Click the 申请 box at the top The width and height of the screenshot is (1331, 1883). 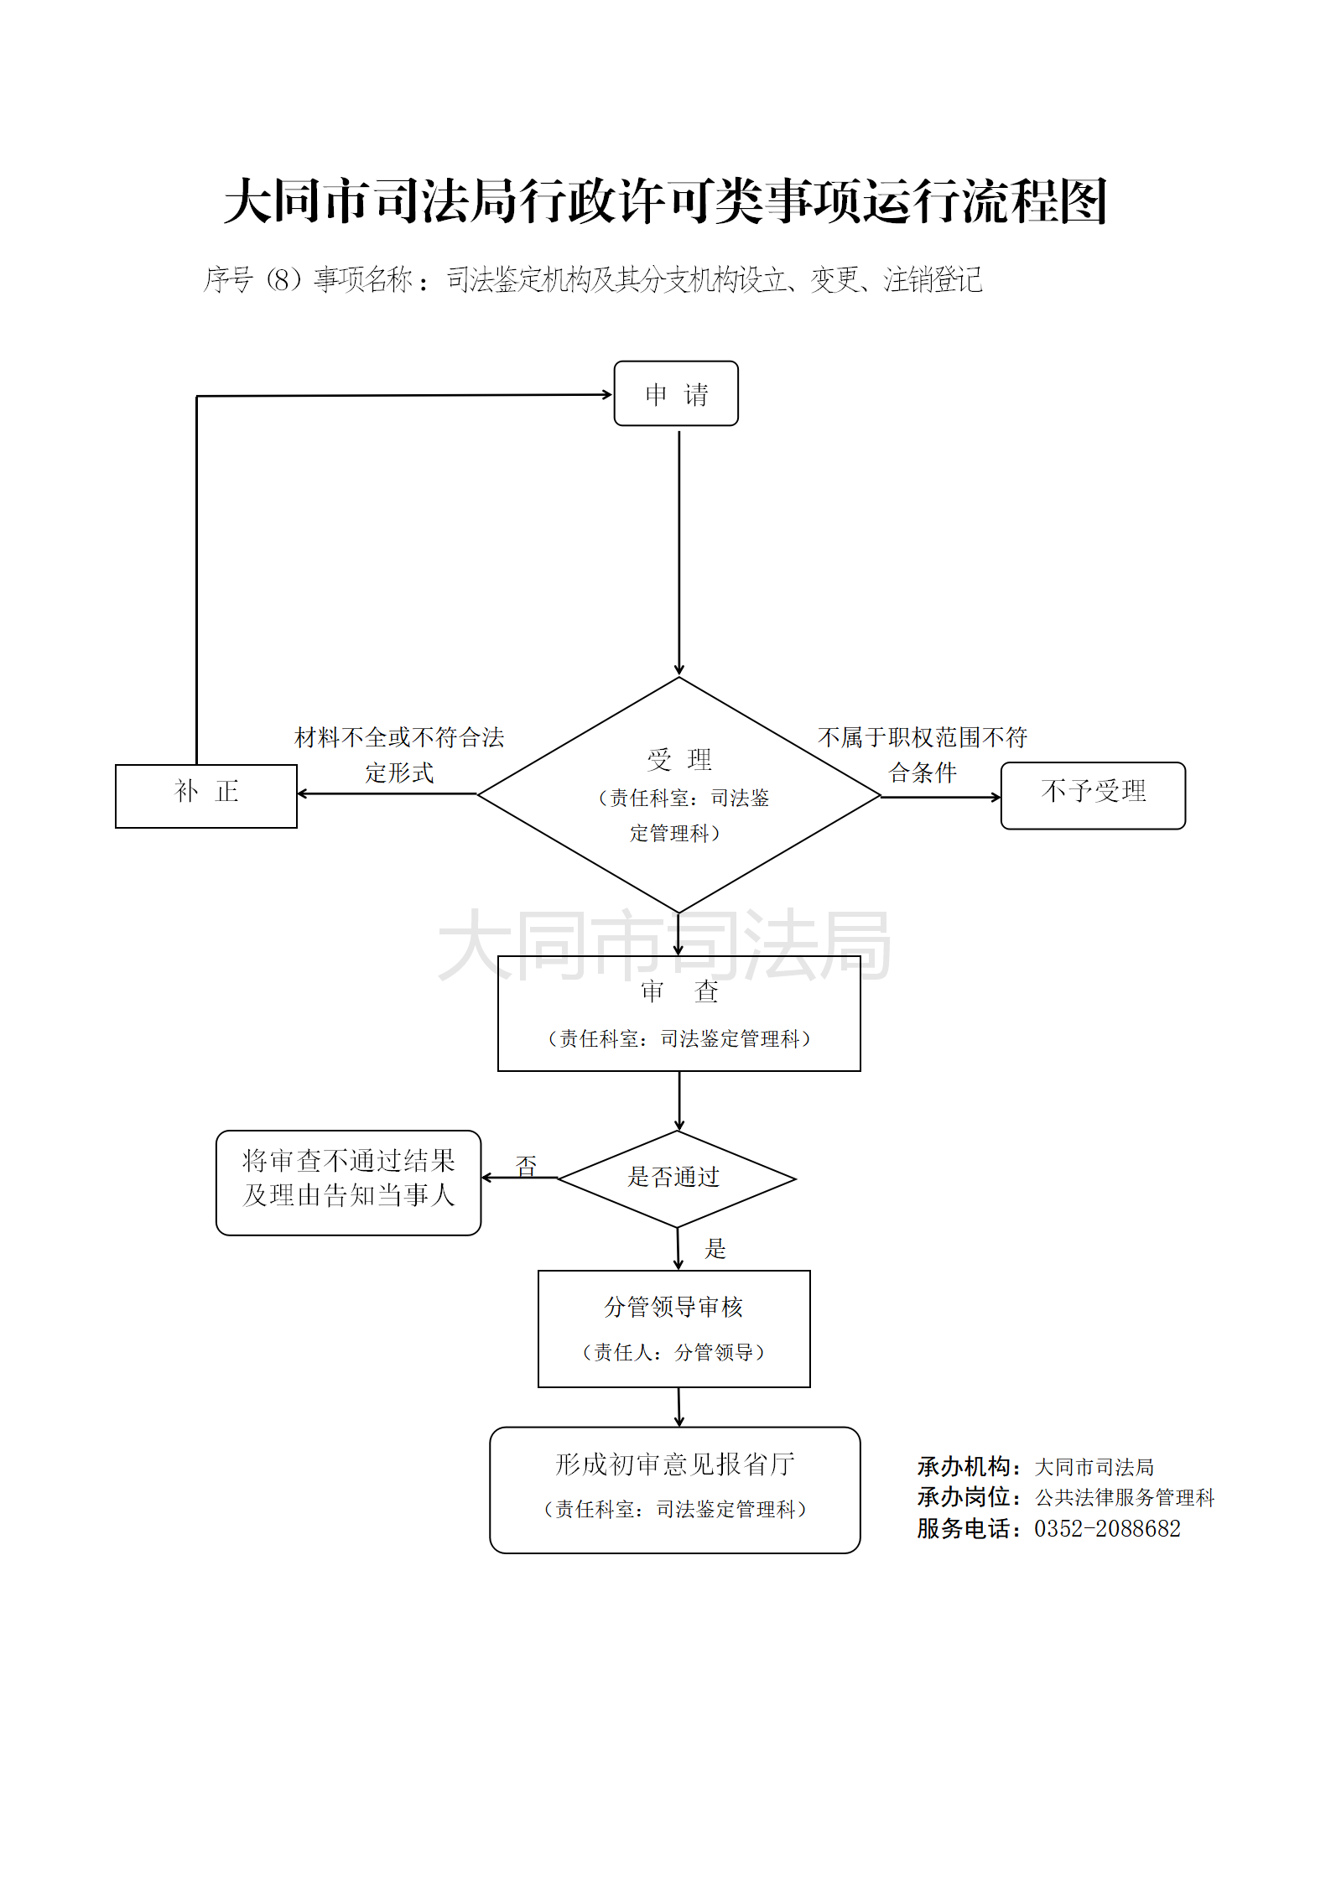point(676,393)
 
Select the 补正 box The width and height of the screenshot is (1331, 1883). point(206,796)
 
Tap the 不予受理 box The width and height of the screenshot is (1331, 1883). point(1093,795)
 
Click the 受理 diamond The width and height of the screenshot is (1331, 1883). point(678,794)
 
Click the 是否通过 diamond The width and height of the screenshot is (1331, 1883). point(676,1178)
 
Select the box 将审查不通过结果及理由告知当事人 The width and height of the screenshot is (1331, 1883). point(348,1182)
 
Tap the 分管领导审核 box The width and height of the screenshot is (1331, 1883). point(673,1329)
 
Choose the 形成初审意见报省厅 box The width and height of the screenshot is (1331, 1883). point(674,1490)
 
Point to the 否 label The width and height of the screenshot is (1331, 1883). point(526,1165)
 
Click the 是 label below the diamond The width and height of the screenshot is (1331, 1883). point(715,1248)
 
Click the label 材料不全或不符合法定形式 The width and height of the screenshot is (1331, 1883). point(399,755)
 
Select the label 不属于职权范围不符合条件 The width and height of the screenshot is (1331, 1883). point(923,755)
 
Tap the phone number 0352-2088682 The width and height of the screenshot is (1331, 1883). point(1107,1528)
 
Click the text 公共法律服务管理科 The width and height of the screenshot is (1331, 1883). point(1125,1497)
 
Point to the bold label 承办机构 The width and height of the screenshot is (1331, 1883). point(964,1466)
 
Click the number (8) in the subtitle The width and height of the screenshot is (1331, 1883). point(283,279)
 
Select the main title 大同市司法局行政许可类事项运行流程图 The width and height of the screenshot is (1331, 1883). point(666,201)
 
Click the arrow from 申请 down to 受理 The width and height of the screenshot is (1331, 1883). point(678,549)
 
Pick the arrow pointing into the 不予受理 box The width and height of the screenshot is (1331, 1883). point(940,797)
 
